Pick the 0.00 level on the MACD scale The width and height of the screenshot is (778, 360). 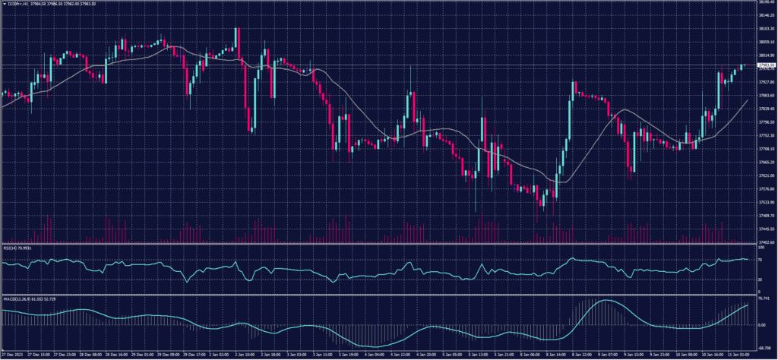tap(761, 324)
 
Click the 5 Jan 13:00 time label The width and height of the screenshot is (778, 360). tap(470, 355)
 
